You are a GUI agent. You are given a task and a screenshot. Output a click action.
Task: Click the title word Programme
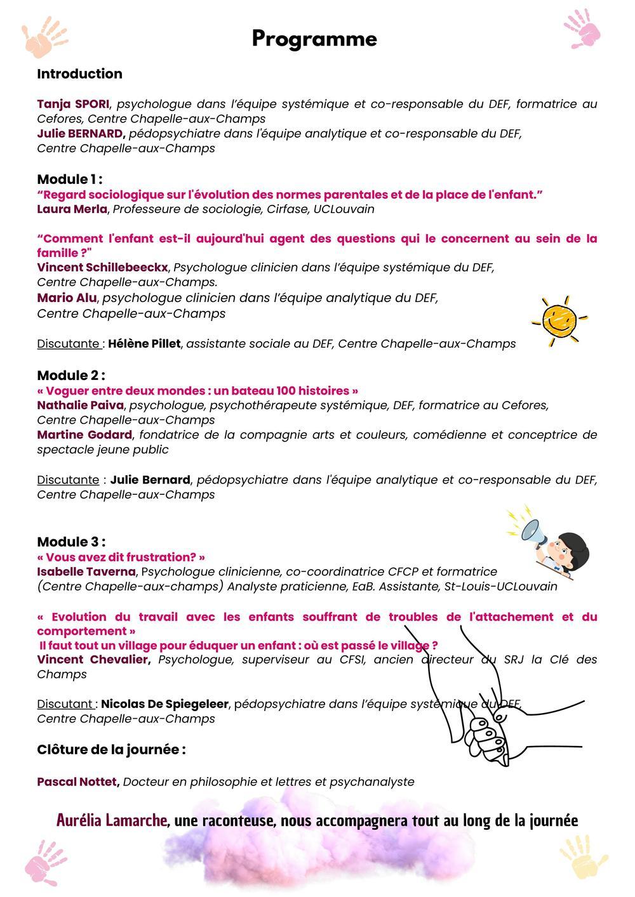[314, 39]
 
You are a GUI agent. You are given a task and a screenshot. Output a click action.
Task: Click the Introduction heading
[79, 74]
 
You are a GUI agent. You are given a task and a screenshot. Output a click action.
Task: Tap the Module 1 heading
[69, 179]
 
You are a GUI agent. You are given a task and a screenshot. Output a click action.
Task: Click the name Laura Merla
[72, 209]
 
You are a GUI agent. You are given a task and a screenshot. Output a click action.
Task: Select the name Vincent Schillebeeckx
[102, 267]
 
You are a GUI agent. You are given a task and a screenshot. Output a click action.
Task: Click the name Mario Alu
[67, 298]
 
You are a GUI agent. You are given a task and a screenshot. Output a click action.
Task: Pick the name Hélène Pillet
[144, 343]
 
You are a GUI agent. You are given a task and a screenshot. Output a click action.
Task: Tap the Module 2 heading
[70, 375]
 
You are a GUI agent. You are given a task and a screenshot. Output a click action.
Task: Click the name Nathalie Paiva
[80, 405]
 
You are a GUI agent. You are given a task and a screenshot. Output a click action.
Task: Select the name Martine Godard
[84, 435]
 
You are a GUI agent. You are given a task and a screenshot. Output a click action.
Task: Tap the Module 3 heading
[70, 542]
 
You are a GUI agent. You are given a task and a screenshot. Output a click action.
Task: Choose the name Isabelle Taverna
[86, 572]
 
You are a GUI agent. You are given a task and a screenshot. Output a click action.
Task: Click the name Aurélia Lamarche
[112, 820]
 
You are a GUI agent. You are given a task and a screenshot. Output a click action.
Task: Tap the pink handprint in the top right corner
[582, 29]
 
